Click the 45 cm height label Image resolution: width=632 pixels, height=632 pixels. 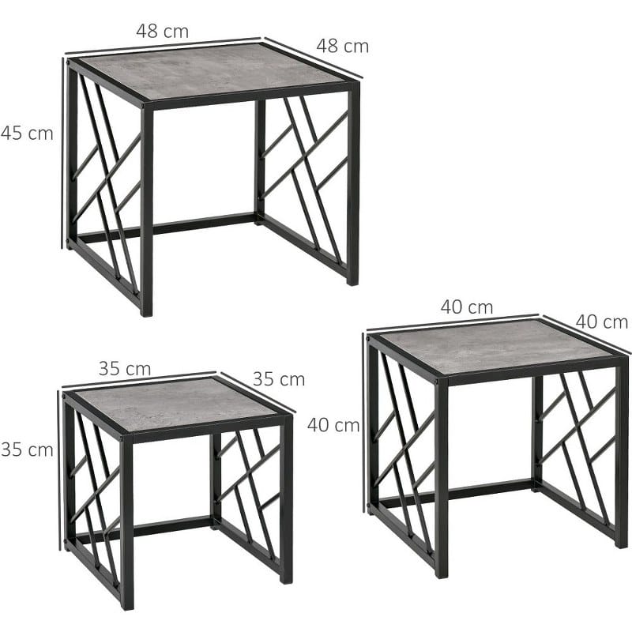tap(27, 134)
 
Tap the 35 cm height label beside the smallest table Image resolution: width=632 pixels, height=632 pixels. tap(27, 450)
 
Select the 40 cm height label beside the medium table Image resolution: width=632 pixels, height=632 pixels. tap(333, 425)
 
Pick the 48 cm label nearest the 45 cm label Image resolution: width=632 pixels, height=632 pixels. tap(163, 31)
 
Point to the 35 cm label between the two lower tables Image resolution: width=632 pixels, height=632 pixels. tap(279, 379)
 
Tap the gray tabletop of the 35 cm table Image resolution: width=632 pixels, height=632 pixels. tap(175, 403)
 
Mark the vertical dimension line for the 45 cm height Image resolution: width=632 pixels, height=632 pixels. tap(63, 153)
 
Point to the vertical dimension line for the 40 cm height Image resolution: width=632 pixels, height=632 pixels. tap(364, 423)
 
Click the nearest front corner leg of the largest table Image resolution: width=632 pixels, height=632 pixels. tap(147, 209)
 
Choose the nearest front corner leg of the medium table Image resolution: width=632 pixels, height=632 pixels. tap(442, 478)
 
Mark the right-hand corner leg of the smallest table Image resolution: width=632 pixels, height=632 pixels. tap(286, 499)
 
